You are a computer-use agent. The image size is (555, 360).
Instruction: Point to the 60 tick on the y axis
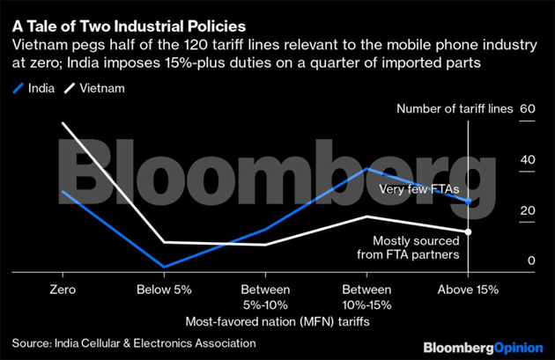[x=529, y=109]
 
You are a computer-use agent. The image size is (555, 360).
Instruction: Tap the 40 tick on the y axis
[x=529, y=159]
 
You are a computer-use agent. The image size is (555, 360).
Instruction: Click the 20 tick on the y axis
[x=529, y=210]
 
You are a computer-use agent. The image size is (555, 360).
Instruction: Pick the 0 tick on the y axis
[x=532, y=261]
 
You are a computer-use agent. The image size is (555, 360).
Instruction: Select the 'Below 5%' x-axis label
[x=164, y=290]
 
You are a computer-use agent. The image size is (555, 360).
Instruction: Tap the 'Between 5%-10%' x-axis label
[x=265, y=297]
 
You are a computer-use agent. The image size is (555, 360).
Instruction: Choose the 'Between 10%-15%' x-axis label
[x=366, y=297]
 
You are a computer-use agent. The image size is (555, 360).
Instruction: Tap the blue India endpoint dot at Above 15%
[x=469, y=202]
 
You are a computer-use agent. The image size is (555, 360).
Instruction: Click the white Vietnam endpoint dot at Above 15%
[x=469, y=231]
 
